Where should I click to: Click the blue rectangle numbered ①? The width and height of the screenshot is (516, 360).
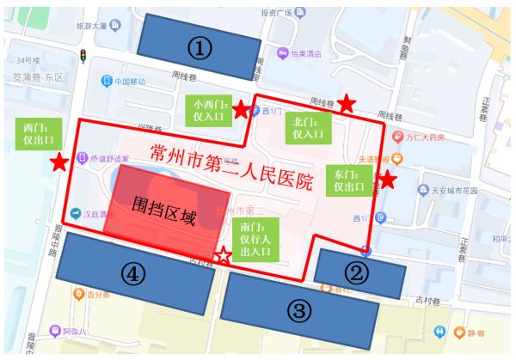point(199,47)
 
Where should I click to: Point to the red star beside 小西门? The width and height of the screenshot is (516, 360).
point(242,109)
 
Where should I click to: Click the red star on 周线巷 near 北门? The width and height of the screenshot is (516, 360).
point(346,103)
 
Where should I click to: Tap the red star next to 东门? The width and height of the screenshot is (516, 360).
point(387,180)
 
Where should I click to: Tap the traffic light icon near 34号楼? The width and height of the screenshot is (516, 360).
point(83,57)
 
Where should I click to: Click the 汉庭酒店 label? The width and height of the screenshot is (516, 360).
point(105,214)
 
